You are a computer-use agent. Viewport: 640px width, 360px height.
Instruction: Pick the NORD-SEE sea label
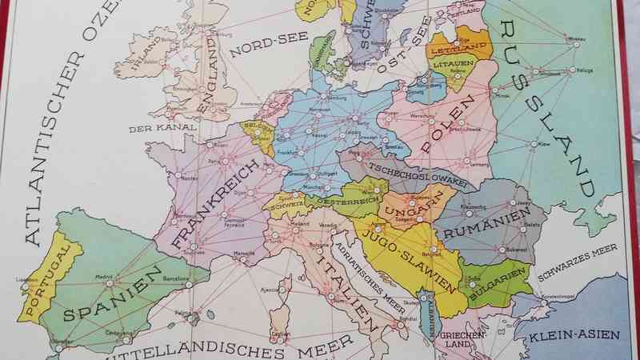(258, 46)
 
